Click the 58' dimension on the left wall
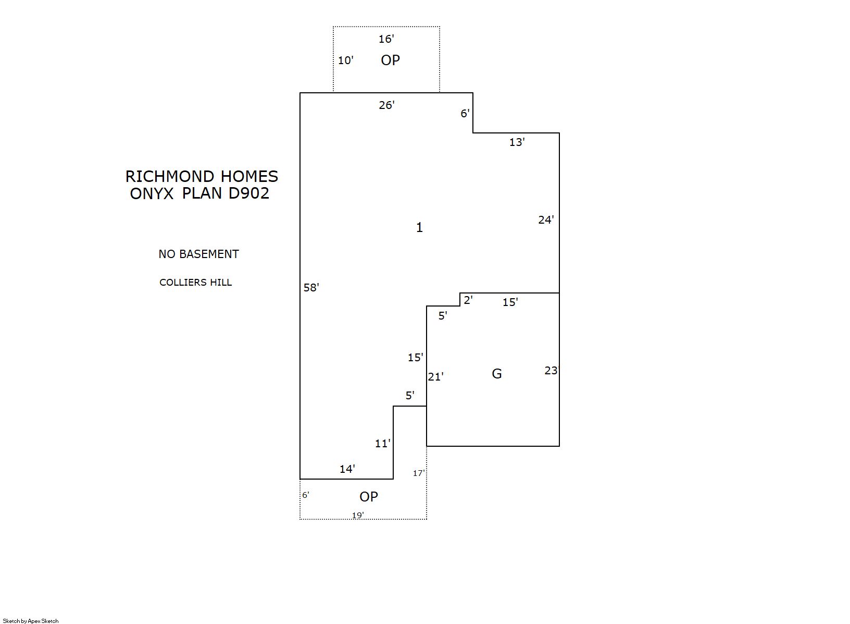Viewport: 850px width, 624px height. point(311,288)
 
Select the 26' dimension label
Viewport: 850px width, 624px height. point(386,105)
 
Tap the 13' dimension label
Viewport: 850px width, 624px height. point(517,142)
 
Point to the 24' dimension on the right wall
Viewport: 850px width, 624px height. point(546,219)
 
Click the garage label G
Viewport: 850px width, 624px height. point(497,374)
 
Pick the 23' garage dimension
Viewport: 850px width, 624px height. point(552,370)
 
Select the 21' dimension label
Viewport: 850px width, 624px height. point(435,377)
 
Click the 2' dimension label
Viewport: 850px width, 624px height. point(468,300)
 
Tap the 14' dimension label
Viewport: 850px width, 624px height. point(347,469)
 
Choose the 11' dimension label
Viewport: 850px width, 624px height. point(382,444)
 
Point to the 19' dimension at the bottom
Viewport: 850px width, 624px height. point(358,516)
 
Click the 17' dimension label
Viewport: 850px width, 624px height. point(419,473)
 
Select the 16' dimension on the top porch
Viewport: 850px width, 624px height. point(386,39)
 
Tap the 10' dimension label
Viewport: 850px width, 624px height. point(346,60)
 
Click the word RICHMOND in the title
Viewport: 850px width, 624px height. point(170,177)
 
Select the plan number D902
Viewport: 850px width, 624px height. point(248,193)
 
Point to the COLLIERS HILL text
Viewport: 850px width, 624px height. point(195,283)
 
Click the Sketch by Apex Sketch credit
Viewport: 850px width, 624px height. point(31,621)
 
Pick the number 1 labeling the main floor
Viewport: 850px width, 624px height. point(419,227)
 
